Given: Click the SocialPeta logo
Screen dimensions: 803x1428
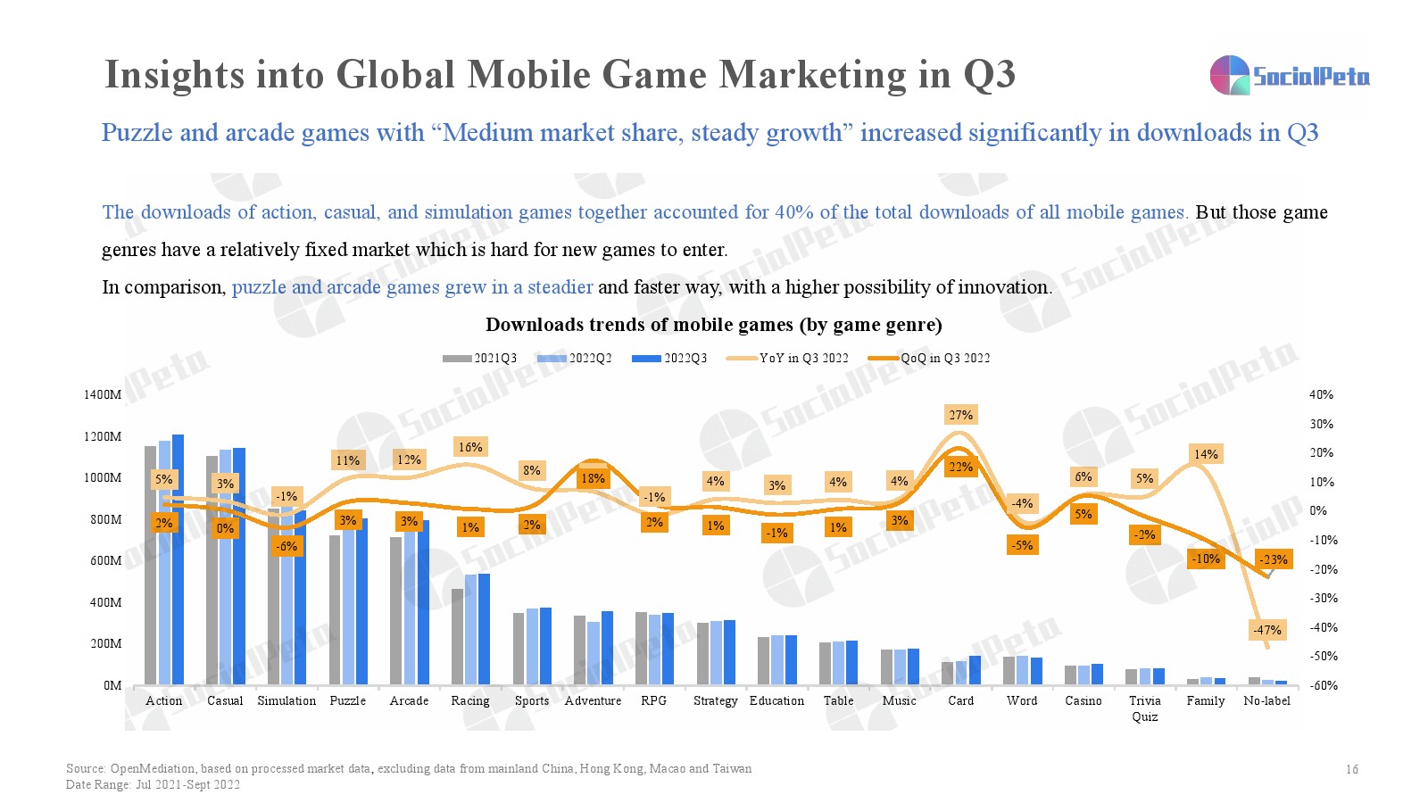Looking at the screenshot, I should click(x=1289, y=76).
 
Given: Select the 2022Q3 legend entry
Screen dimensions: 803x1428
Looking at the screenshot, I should click(x=669, y=358).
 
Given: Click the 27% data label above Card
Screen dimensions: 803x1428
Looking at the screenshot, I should click(x=960, y=415).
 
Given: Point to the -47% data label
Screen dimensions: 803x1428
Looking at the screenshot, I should click(x=1266, y=630).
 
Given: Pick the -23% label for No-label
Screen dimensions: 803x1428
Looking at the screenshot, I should click(x=1274, y=559).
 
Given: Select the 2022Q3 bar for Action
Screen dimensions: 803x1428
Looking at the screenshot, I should click(x=178, y=559).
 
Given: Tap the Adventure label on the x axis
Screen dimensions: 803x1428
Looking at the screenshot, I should click(x=593, y=700).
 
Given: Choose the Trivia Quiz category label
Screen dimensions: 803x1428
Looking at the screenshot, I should click(x=1144, y=708).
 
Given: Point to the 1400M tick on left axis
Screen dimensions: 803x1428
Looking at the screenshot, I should click(x=103, y=394).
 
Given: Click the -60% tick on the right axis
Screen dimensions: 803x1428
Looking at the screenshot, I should click(x=1323, y=685).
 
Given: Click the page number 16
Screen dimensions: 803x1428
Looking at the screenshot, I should click(x=1351, y=769).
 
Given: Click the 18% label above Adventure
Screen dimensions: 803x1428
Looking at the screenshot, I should click(x=593, y=478).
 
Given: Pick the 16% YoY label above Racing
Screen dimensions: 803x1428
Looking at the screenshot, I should click(x=470, y=447).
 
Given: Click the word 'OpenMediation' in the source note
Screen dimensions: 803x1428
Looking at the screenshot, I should click(x=153, y=768).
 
